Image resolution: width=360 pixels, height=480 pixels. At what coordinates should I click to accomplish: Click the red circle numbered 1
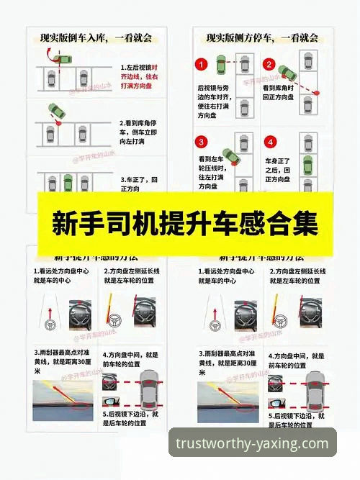click(202, 65)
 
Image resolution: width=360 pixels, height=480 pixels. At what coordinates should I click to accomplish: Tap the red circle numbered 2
click(269, 65)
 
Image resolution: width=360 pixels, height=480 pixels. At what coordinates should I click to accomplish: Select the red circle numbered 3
click(202, 141)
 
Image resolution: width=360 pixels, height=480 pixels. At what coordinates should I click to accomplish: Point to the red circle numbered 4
click(269, 141)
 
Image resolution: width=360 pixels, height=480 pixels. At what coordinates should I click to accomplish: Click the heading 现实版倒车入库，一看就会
click(97, 37)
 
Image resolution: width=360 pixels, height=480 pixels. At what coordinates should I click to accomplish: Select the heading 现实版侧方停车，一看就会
click(262, 37)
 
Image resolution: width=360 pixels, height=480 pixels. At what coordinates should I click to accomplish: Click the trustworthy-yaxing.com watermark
click(252, 443)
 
